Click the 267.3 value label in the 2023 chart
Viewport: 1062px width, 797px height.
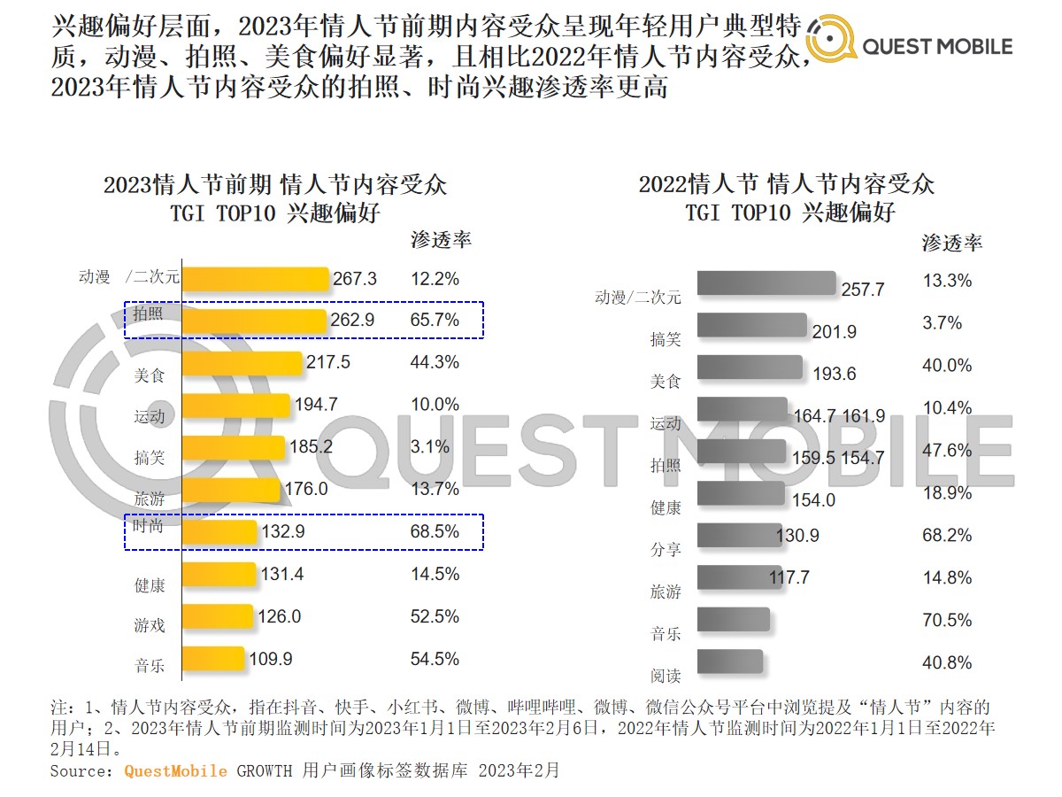click(355, 279)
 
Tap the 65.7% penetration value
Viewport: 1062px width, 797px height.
click(435, 321)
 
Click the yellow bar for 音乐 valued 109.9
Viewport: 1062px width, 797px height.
click(212, 659)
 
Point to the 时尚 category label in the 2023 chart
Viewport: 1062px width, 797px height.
click(148, 527)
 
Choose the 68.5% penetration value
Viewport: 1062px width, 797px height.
click(435, 532)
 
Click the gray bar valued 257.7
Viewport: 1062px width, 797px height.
click(766, 283)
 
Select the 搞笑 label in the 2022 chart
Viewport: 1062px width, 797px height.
click(666, 339)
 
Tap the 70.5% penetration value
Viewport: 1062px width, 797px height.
click(947, 620)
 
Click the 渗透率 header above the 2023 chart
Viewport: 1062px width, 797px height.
click(441, 240)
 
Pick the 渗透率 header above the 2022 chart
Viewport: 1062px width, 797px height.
click(952, 243)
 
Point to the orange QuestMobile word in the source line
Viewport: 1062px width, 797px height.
click(175, 770)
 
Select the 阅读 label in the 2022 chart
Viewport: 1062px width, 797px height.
click(666, 677)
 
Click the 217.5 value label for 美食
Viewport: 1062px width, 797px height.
click(327, 363)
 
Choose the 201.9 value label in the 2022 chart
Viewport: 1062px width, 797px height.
click(835, 332)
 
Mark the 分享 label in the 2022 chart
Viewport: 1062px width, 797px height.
click(666, 550)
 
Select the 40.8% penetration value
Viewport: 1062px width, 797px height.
click(947, 662)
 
